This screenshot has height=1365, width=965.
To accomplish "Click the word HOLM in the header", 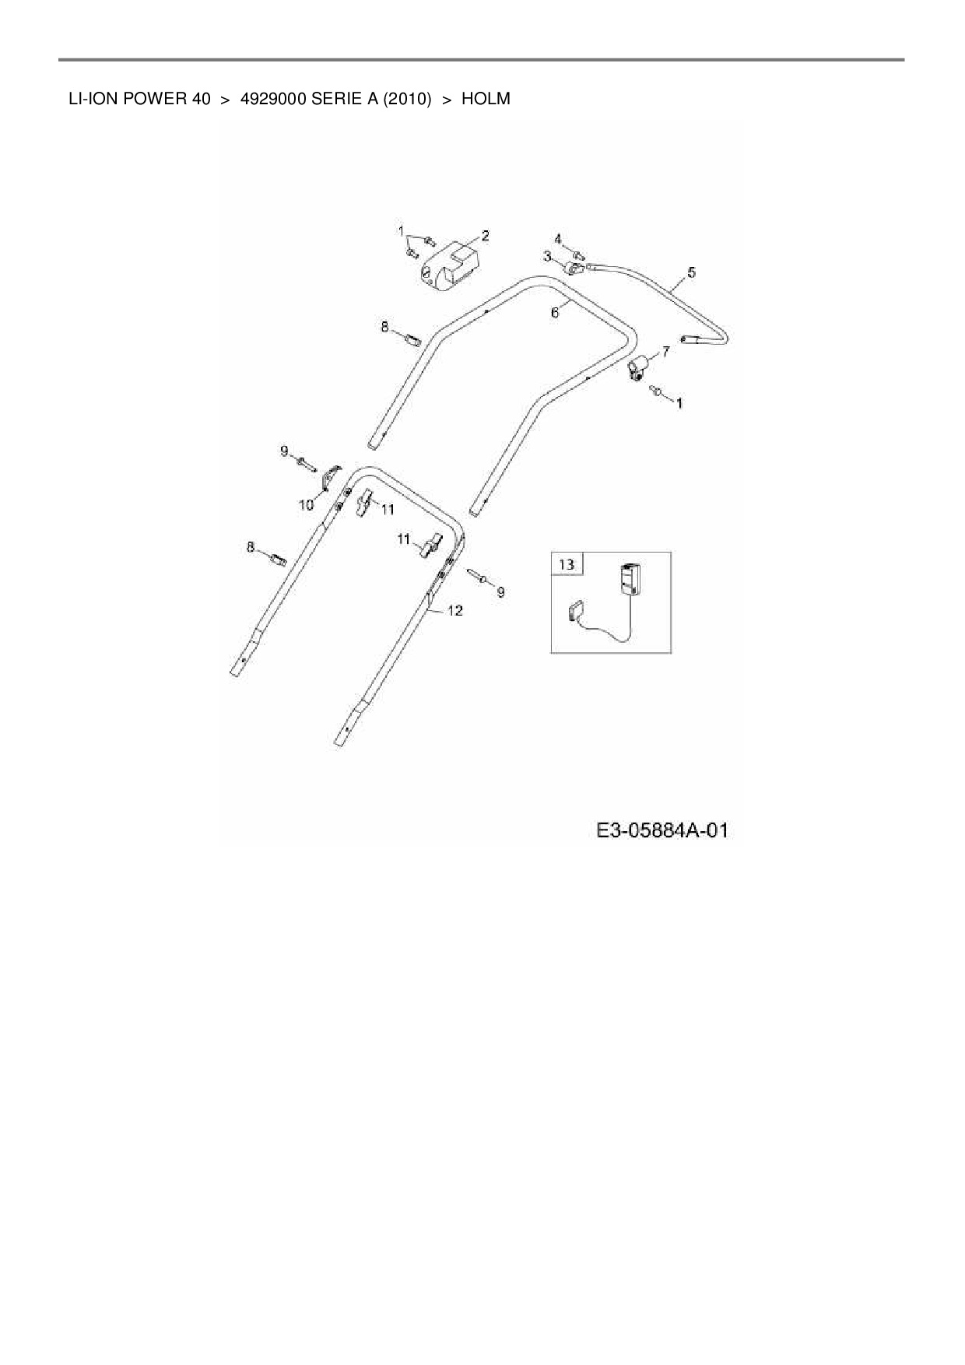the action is pos(486,99).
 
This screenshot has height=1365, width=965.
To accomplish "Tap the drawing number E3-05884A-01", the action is pos(662,830).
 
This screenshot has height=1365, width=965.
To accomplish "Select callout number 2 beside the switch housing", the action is pos(485,235).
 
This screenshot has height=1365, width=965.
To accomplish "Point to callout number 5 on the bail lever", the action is pos(691,272).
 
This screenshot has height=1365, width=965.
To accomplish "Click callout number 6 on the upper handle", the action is pos(555,313).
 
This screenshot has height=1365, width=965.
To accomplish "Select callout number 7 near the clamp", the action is pos(665,352).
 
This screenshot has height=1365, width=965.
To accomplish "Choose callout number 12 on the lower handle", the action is pos(454,611).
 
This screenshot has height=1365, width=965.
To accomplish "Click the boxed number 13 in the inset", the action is pos(567,563).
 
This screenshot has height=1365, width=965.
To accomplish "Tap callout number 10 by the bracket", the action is pos(306,505).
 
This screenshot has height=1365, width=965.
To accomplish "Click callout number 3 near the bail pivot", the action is pos(547,256).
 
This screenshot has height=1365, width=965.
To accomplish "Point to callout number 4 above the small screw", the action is pos(558,238).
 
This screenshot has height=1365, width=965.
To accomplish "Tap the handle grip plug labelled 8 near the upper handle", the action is pos(412,339).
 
